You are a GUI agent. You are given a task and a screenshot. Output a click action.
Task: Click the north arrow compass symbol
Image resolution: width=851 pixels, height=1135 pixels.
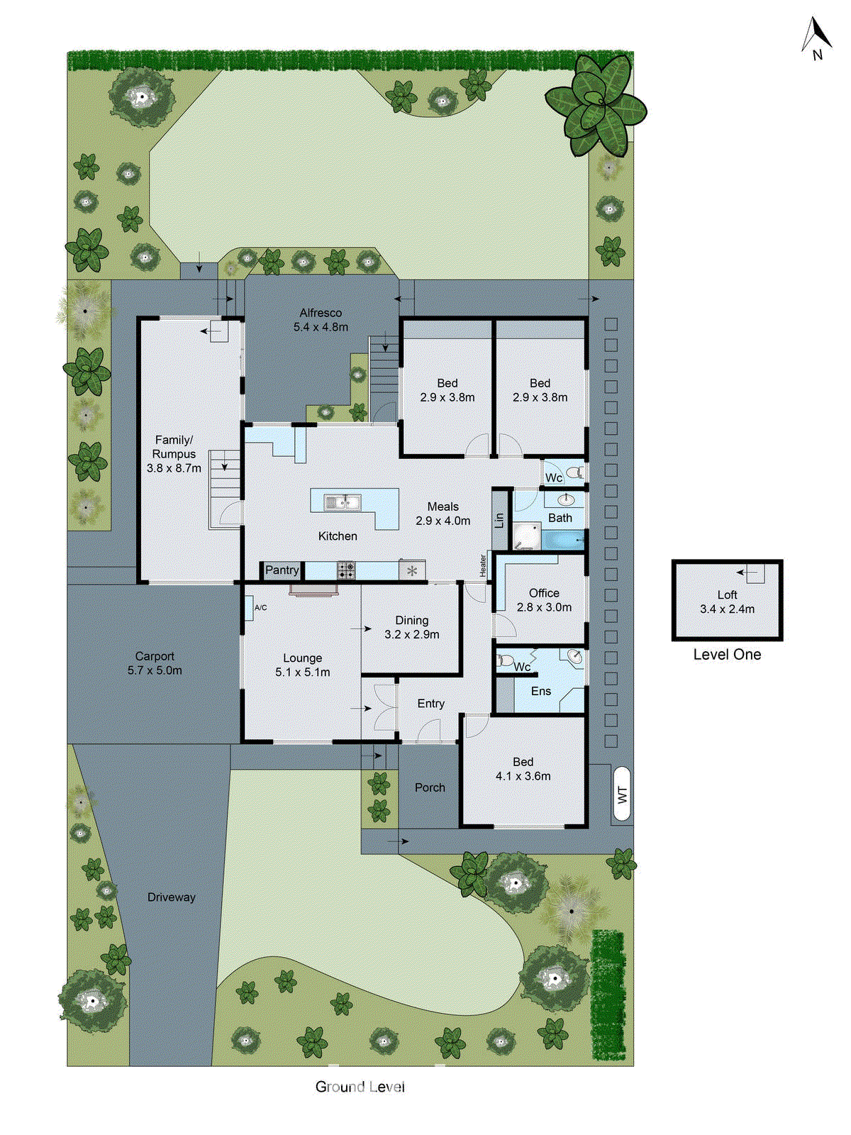coord(816,38)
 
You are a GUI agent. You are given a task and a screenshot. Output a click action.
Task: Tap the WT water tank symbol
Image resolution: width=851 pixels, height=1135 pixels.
coord(622,794)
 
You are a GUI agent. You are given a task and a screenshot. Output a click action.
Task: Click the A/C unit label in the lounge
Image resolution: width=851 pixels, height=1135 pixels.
coord(260,608)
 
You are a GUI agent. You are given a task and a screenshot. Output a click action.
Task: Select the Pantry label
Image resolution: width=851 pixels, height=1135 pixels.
coord(282,570)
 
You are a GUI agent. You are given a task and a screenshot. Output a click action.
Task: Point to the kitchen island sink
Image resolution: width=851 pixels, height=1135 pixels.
coord(343,503)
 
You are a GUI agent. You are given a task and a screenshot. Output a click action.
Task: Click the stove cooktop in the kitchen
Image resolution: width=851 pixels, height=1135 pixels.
coord(346,570)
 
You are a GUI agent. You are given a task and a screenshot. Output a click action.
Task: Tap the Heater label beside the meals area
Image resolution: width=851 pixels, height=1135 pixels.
coord(483,565)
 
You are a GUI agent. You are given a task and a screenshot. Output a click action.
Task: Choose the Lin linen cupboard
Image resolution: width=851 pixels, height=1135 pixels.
coord(500,520)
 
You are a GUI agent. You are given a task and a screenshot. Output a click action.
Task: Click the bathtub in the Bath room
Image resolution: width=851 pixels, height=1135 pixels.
coord(564,541)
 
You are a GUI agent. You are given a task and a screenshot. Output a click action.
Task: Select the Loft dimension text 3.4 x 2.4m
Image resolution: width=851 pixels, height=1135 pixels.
coord(727,609)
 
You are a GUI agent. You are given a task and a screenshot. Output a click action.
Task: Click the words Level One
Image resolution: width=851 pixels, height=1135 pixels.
coord(727,655)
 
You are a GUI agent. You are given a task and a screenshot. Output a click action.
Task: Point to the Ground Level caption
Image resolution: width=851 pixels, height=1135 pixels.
coord(360,1087)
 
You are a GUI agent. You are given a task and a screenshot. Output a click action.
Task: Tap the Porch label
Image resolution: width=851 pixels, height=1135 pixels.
coord(430,787)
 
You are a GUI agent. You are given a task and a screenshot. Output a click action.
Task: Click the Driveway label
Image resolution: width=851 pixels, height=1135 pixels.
coord(171,897)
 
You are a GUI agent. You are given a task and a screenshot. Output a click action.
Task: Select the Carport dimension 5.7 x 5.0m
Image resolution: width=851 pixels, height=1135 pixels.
coord(155,670)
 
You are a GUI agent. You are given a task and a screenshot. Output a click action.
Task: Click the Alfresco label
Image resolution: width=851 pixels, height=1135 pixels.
coord(321,313)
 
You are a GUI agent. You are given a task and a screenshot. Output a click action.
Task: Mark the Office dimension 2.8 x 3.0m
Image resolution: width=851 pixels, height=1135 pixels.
coord(544,607)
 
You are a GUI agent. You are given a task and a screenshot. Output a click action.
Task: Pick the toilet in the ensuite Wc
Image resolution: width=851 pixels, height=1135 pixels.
coord(505,660)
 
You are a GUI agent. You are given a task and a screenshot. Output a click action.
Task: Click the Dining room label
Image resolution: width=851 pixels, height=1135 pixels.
coord(411,620)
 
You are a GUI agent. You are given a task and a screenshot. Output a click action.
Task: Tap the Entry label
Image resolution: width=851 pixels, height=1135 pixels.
coord(430,703)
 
